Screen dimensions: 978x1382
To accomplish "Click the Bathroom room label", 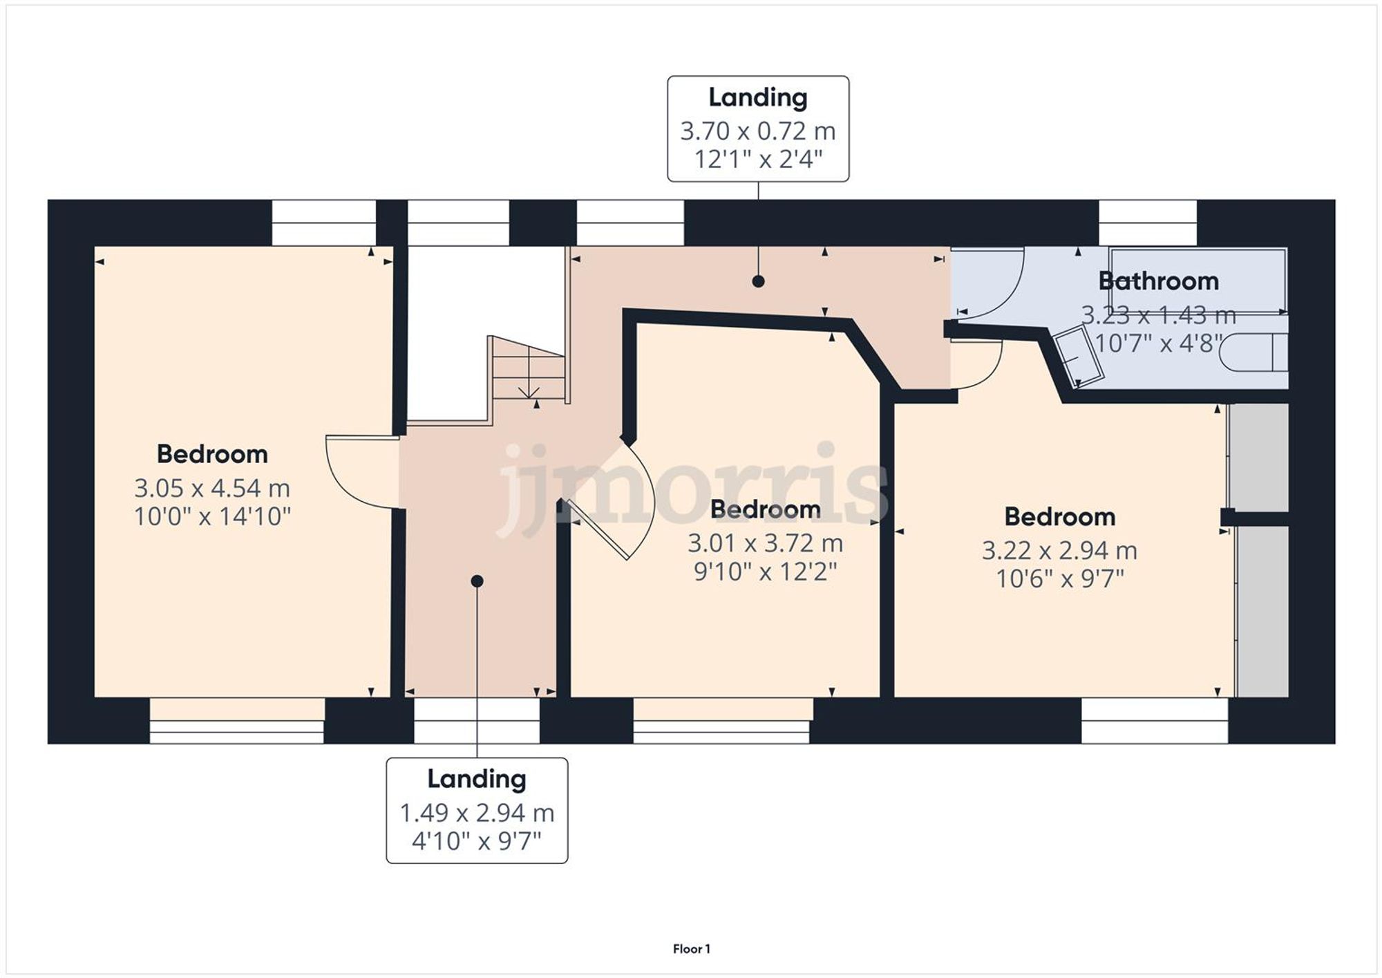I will click(1158, 281).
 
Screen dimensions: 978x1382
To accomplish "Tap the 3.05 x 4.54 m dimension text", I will click(211, 488).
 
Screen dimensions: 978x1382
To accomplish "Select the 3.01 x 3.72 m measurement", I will click(765, 543).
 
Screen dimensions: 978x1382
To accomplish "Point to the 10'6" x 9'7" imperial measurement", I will click(1059, 579).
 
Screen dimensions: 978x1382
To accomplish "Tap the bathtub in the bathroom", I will click(1198, 280).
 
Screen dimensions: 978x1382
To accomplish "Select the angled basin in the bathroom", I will click(1077, 357).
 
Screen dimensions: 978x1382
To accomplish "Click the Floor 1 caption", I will click(691, 949).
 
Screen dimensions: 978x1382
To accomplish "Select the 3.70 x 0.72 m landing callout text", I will click(757, 131).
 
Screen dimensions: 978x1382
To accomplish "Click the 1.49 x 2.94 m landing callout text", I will click(477, 813).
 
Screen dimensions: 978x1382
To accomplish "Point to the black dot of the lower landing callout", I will click(477, 581).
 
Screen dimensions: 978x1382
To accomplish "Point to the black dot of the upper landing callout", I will click(758, 281).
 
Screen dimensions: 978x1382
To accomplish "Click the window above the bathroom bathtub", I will click(1148, 222).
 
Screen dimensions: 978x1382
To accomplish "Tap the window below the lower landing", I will click(477, 720).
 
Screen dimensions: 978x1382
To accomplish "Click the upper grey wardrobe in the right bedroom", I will click(1260, 457).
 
